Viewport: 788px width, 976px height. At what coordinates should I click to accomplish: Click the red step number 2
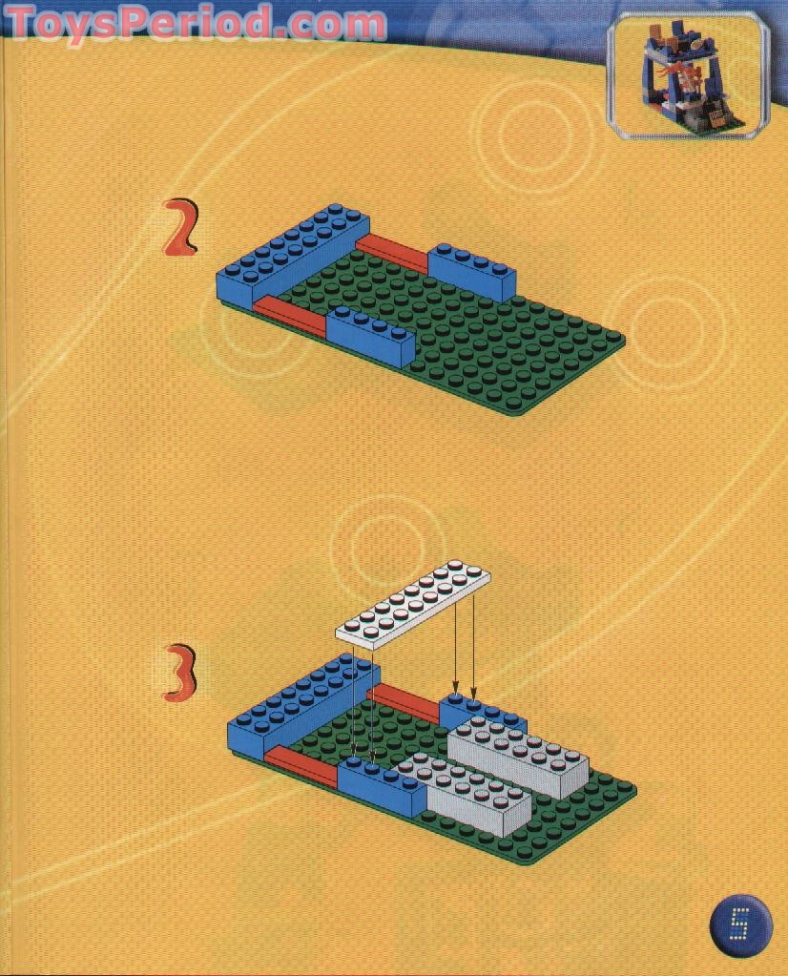tap(181, 228)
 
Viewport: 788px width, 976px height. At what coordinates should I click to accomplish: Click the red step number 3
tap(180, 674)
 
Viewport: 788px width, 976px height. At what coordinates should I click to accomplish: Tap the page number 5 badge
tap(739, 924)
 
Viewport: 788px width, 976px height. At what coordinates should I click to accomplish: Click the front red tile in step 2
tap(291, 314)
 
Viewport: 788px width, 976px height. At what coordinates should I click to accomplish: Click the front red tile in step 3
tap(301, 765)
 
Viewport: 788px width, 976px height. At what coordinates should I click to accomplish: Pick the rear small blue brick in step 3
tap(482, 714)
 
